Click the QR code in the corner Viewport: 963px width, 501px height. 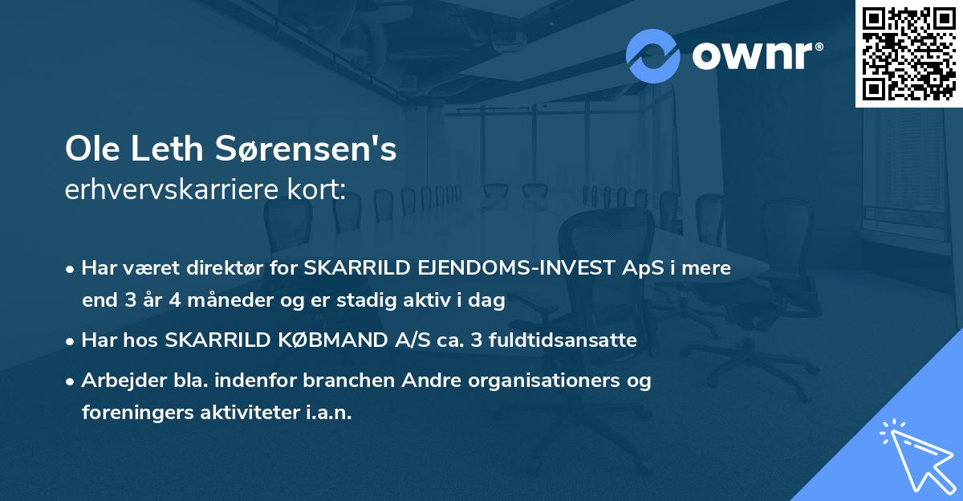pos(908,54)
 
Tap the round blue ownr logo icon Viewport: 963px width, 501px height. pos(653,55)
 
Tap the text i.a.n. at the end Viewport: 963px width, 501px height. pos(330,413)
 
